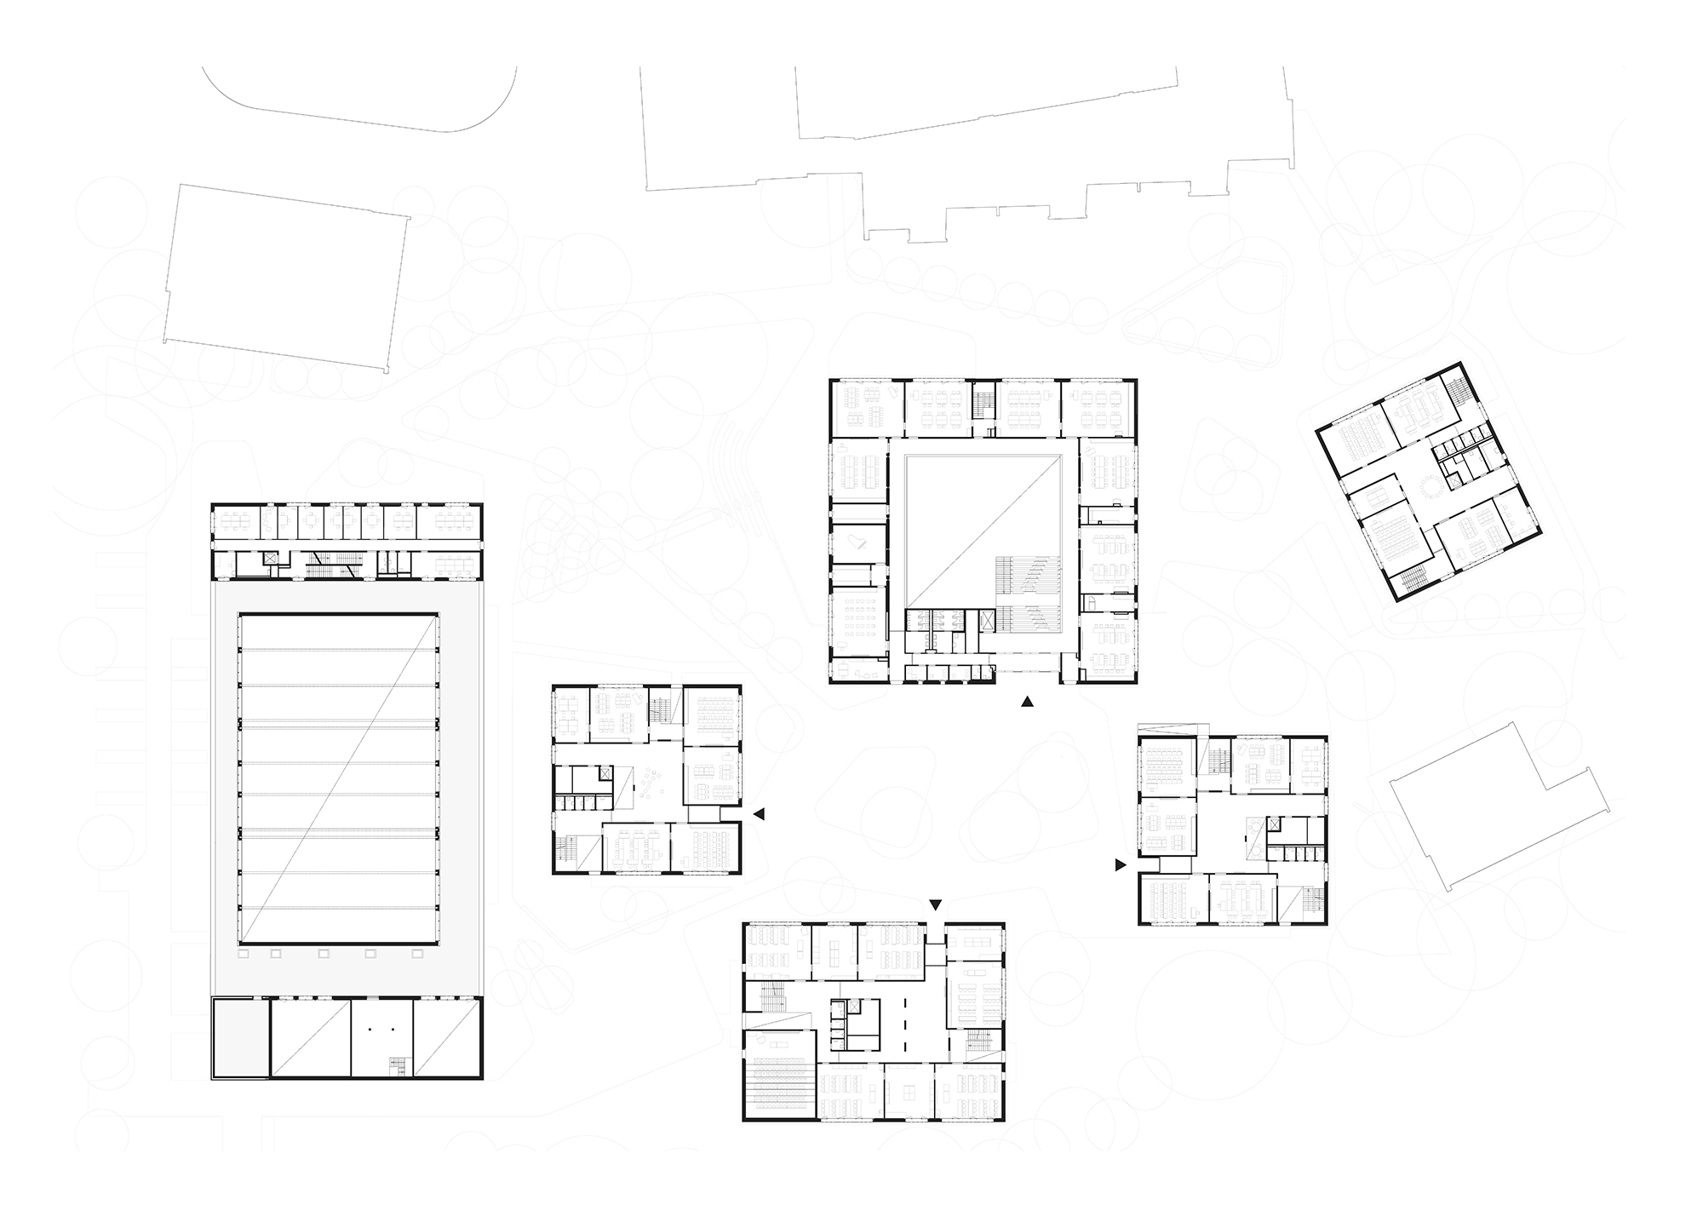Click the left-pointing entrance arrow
click(x=760, y=814)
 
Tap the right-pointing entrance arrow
click(x=1121, y=865)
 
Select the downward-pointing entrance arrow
click(x=936, y=904)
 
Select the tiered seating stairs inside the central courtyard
click(x=1029, y=594)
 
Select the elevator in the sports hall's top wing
click(x=271, y=559)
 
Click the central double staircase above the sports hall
click(x=330, y=562)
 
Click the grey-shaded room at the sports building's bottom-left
click(x=239, y=1037)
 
